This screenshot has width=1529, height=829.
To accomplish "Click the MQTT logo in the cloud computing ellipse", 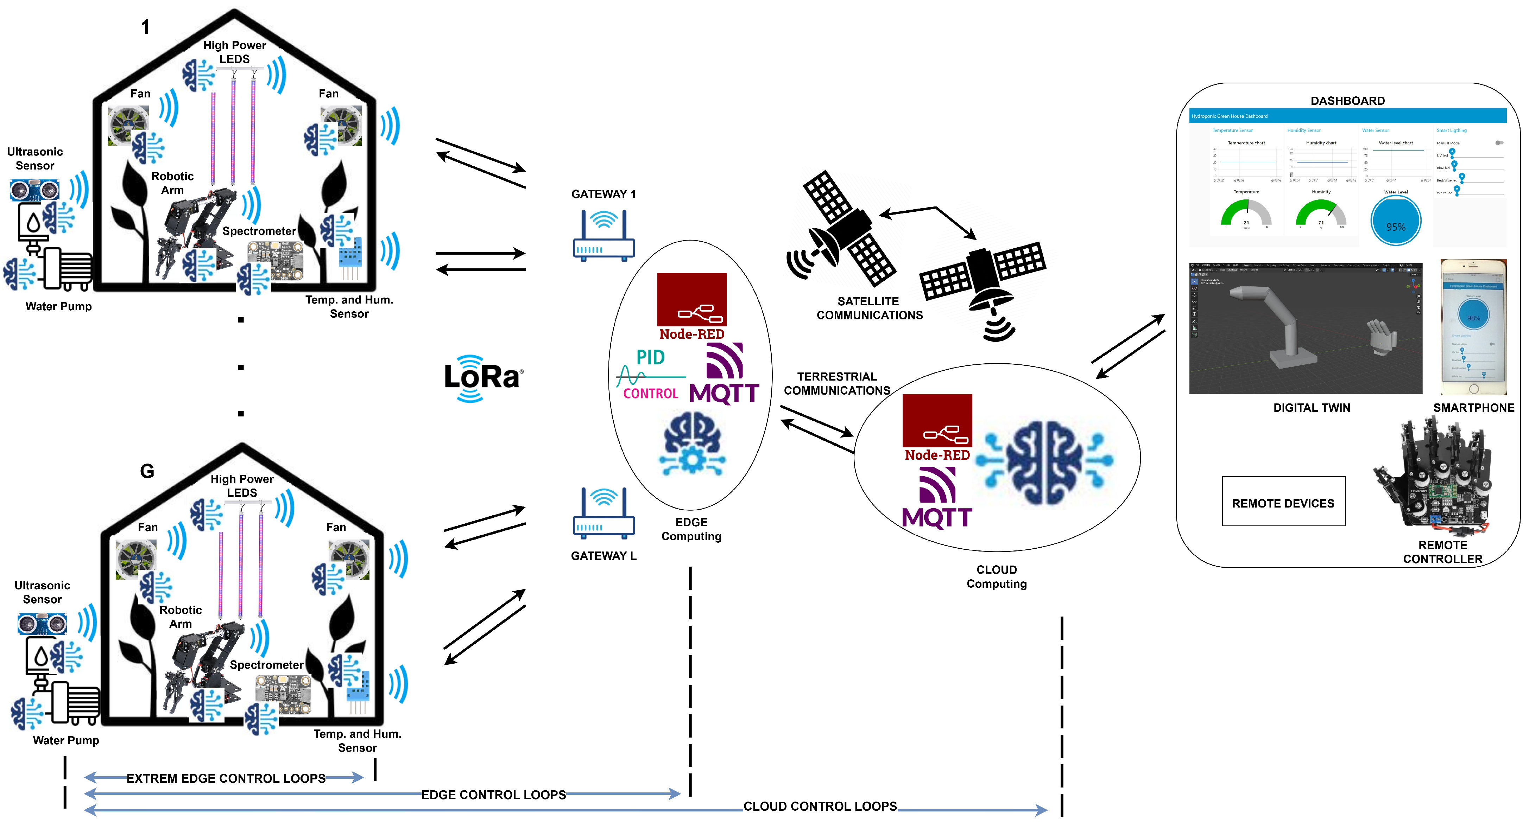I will pos(937,498).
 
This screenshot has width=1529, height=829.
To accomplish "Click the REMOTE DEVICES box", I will pos(1283,502).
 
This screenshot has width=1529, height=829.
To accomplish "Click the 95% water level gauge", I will pos(1395,221).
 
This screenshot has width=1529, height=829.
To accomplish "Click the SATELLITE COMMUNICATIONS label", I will pos(869,308).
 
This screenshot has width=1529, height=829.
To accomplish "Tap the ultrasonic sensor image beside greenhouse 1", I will pos(34,191).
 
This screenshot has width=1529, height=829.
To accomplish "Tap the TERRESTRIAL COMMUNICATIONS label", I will pos(836,383).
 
